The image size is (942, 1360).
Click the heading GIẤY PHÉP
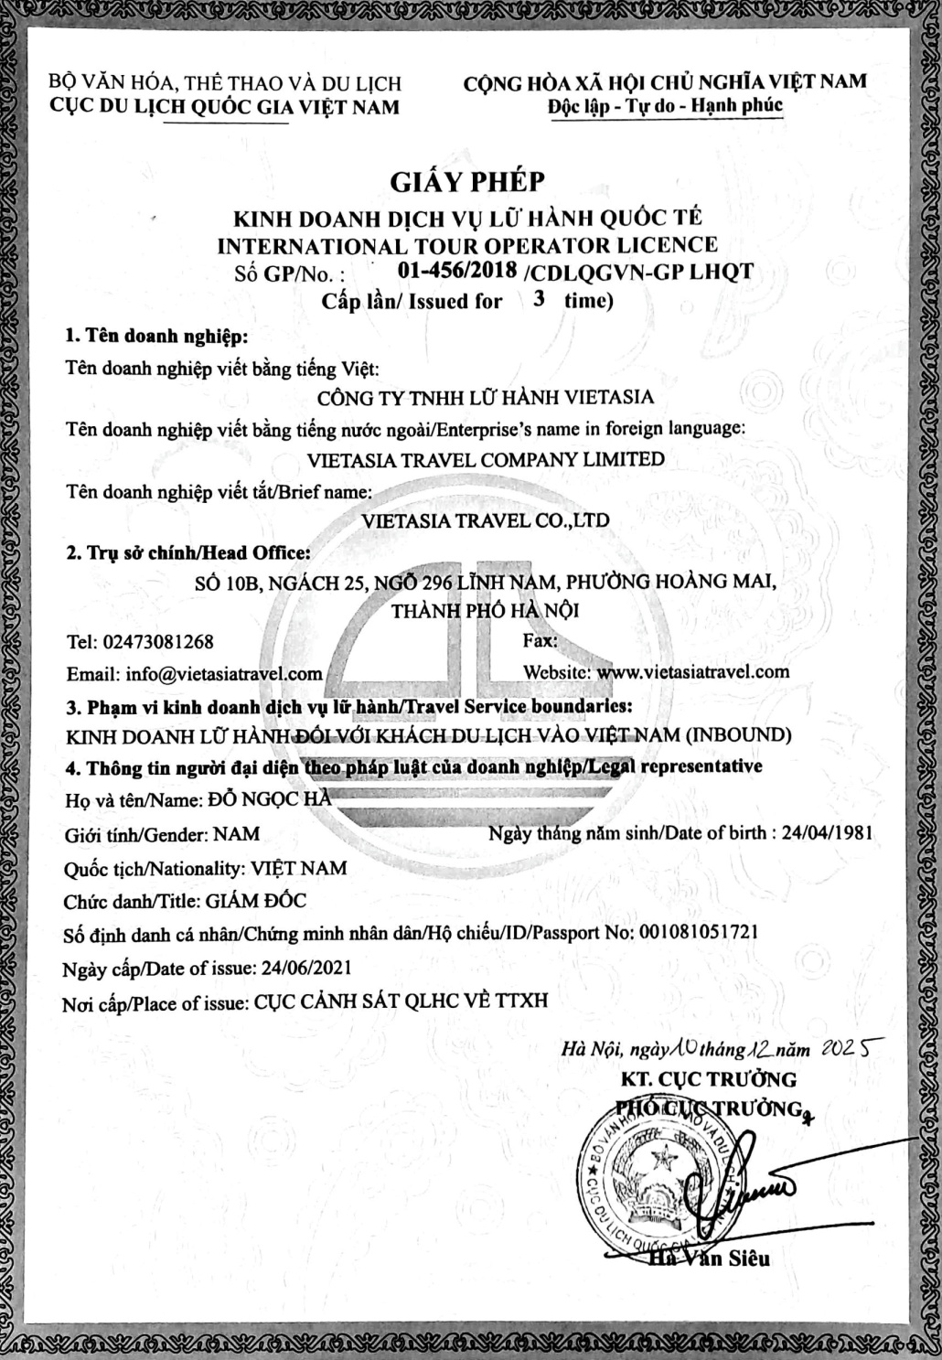tap(467, 182)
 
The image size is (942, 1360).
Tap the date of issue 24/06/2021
tap(305, 967)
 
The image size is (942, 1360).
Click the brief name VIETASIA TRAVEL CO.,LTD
tap(486, 520)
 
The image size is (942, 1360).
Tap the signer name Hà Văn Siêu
tap(709, 1258)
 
